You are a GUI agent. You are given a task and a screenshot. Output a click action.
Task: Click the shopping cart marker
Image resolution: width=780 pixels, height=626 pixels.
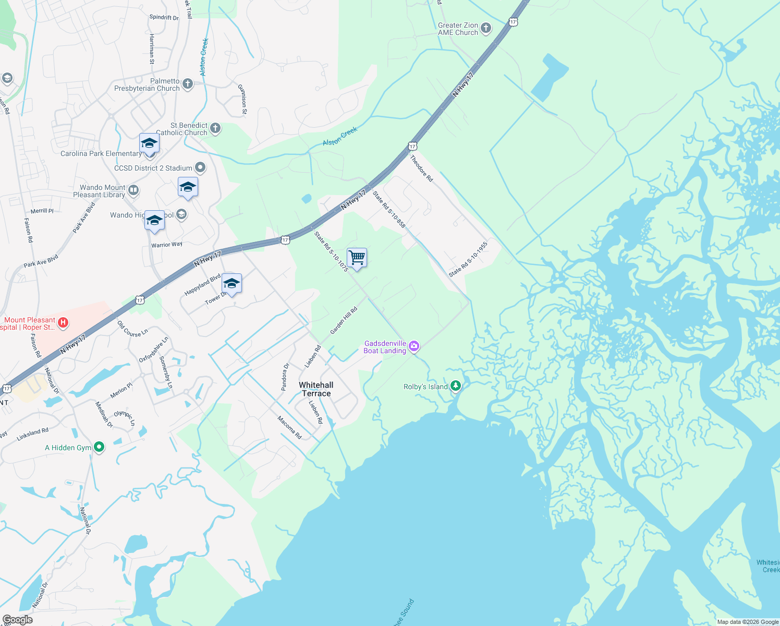pyautogui.click(x=357, y=258)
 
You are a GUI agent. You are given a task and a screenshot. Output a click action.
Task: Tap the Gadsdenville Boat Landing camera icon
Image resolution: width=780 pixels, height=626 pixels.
pyautogui.click(x=414, y=346)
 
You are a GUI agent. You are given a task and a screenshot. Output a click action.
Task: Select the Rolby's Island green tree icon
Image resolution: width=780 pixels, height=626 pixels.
pyautogui.click(x=456, y=386)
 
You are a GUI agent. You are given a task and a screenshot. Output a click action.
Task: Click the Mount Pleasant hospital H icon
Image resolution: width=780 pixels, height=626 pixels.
pyautogui.click(x=63, y=323)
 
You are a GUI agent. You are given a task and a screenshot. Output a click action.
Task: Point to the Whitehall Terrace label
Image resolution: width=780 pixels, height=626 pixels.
pyautogui.click(x=316, y=389)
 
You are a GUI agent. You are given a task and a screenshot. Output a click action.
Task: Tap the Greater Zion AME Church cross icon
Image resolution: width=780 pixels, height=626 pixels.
pyautogui.click(x=486, y=28)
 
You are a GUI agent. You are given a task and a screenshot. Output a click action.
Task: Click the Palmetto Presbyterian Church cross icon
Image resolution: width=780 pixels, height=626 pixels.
pyautogui.click(x=188, y=84)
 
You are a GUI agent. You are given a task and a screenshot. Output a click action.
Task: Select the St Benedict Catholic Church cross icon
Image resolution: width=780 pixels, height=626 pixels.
pyautogui.click(x=215, y=128)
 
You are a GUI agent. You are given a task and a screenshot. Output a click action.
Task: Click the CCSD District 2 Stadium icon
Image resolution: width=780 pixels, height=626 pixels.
pyautogui.click(x=200, y=167)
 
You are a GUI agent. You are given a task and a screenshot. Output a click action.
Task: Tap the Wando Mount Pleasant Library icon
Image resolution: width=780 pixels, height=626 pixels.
pyautogui.click(x=133, y=190)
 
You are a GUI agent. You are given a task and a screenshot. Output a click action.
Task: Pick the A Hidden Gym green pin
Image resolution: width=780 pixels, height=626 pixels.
pyautogui.click(x=99, y=447)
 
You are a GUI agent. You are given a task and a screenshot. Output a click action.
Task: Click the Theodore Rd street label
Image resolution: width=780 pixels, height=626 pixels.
pyautogui.click(x=421, y=168)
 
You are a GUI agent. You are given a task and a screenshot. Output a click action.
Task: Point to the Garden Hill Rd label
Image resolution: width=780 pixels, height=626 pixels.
pyautogui.click(x=344, y=320)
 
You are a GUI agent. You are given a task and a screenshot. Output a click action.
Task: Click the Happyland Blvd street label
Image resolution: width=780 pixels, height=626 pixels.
pyautogui.click(x=202, y=285)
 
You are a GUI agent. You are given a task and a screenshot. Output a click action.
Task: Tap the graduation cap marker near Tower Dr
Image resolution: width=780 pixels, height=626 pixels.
pyautogui.click(x=231, y=284)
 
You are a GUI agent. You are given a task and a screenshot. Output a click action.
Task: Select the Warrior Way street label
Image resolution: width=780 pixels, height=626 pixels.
pyautogui.click(x=167, y=245)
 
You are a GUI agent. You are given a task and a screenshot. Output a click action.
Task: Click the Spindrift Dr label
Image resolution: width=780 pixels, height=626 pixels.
pyautogui.click(x=164, y=17)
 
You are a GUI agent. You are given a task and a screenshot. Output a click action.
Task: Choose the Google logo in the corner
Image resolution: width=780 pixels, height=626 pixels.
pyautogui.click(x=17, y=620)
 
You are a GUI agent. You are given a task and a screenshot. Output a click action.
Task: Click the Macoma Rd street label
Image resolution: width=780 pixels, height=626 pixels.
pyautogui.click(x=289, y=427)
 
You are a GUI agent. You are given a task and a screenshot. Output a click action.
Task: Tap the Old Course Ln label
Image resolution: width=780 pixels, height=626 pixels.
pyautogui.click(x=132, y=329)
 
